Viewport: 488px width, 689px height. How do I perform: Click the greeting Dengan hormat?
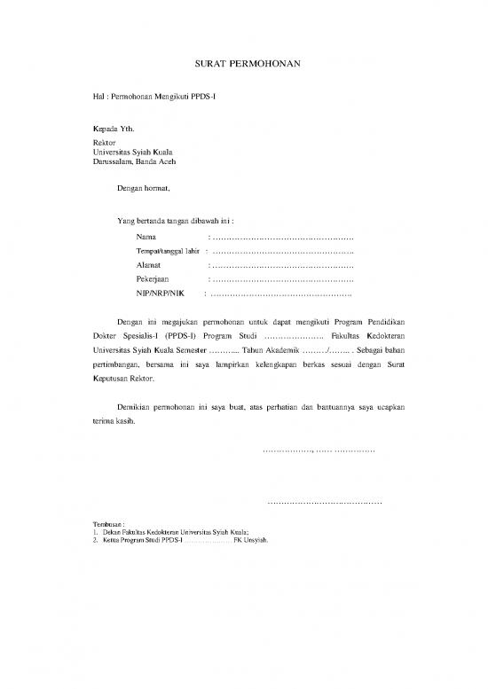143,188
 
